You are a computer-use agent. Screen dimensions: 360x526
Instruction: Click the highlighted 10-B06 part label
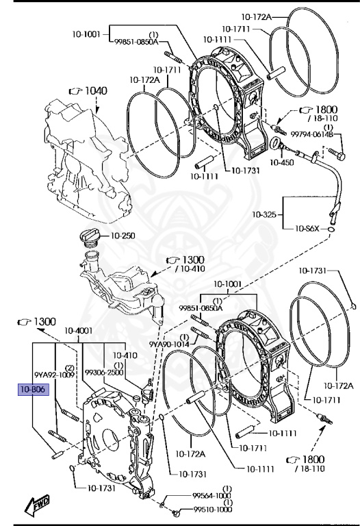(33, 390)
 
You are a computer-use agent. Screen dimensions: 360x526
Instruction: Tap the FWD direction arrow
(37, 505)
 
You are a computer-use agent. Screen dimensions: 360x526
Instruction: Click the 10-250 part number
(123, 236)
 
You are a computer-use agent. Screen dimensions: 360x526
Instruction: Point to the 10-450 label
(281, 162)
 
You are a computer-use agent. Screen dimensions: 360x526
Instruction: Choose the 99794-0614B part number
(311, 134)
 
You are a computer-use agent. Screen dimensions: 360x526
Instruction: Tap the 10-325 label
(264, 214)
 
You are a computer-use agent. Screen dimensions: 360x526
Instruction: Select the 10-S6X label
(307, 229)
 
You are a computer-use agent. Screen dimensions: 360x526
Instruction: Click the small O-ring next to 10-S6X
(331, 229)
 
